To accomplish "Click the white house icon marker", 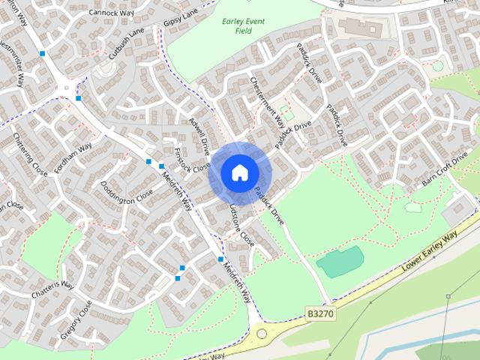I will tap(239, 172).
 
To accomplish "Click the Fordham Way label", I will tap(73, 158).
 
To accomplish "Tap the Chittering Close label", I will tap(30, 154).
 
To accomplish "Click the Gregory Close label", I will tap(76, 320).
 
